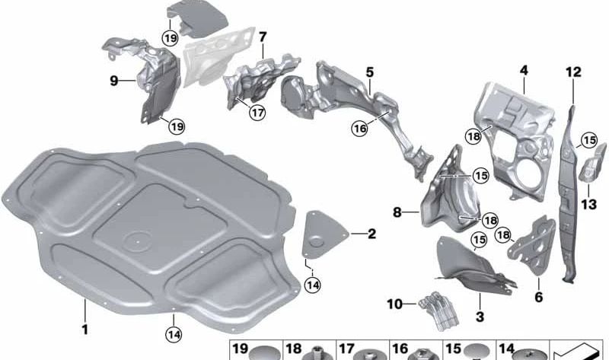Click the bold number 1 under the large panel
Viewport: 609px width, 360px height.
click(x=84, y=330)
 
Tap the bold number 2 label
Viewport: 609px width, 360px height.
click(x=371, y=234)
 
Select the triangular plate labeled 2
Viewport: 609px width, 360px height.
click(x=324, y=234)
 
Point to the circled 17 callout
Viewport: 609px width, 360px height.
click(x=257, y=113)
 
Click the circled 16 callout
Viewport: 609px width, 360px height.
click(x=359, y=128)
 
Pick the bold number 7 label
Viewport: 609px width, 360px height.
click(x=263, y=37)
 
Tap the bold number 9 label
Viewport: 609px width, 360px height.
click(x=113, y=81)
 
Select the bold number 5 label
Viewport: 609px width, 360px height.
click(x=369, y=72)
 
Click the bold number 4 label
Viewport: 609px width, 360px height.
click(x=524, y=71)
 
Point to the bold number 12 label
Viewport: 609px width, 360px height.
click(x=573, y=72)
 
